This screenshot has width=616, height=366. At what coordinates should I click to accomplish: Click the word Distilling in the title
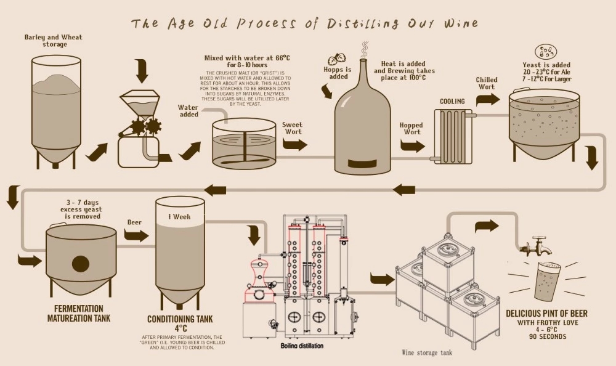click(362, 24)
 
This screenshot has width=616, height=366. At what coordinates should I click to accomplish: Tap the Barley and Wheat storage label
click(53, 41)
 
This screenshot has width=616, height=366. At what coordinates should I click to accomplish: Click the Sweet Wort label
click(293, 128)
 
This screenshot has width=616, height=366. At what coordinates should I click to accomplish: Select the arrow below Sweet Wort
click(294, 145)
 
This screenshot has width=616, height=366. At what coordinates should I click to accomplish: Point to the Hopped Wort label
click(411, 128)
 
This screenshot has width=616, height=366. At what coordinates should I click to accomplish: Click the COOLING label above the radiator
click(452, 102)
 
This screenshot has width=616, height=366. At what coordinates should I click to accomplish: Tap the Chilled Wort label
click(487, 83)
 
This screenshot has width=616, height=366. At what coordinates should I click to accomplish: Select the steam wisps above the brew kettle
click(365, 49)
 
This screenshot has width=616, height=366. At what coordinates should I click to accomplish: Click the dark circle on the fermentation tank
click(81, 264)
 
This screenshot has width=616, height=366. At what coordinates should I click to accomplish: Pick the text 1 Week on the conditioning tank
click(180, 217)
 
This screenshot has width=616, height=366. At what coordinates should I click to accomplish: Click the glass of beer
click(546, 282)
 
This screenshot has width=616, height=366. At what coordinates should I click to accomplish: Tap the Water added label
click(188, 110)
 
